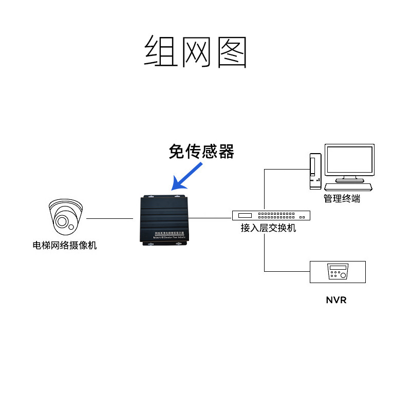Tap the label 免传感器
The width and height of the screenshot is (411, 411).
point(201,151)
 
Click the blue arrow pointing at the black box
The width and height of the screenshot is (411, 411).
point(189,174)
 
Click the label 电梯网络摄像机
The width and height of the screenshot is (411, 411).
point(65,245)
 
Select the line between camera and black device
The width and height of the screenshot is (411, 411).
point(109,218)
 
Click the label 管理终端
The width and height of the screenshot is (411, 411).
point(342,198)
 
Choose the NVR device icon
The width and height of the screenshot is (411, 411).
point(338,272)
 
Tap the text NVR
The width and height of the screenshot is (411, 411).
point(336,300)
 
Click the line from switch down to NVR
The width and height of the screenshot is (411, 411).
point(265,252)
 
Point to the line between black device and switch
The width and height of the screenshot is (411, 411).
point(211,218)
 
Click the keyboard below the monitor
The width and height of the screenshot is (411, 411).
point(354,186)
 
